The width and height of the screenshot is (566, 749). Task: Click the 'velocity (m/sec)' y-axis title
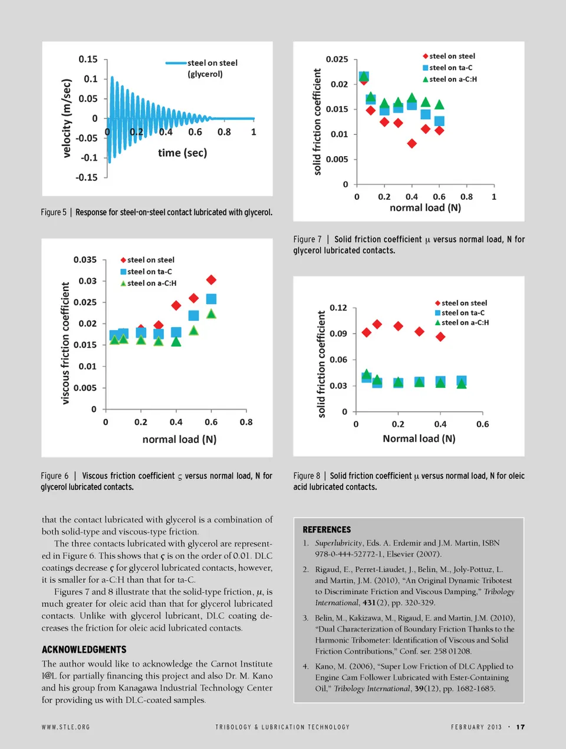[67, 118]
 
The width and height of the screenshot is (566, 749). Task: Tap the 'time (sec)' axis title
[182, 153]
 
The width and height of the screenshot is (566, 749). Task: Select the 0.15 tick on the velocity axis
[88, 59]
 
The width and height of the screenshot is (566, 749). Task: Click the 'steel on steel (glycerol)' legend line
[176, 63]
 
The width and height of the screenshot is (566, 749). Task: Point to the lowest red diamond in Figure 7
[412, 143]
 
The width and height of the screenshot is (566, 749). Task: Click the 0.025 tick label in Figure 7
[337, 59]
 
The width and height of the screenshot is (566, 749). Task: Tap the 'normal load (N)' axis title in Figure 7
[425, 207]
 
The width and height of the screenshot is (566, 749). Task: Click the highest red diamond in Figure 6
[211, 279]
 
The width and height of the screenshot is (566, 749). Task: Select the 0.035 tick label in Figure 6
[85, 259]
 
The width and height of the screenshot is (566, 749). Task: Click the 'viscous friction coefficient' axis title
[65, 343]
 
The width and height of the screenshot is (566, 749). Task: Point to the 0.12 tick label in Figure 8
[338, 308]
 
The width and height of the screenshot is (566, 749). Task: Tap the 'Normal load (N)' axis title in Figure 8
[419, 438]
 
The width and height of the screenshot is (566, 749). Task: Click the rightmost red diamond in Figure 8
[440, 336]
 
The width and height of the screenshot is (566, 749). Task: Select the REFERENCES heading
[327, 530]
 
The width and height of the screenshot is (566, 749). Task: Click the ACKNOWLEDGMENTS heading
[84, 649]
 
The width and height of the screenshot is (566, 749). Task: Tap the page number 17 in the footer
[520, 727]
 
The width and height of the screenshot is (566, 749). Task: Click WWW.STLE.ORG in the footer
[65, 727]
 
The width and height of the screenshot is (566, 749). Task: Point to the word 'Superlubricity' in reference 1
[338, 543]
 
